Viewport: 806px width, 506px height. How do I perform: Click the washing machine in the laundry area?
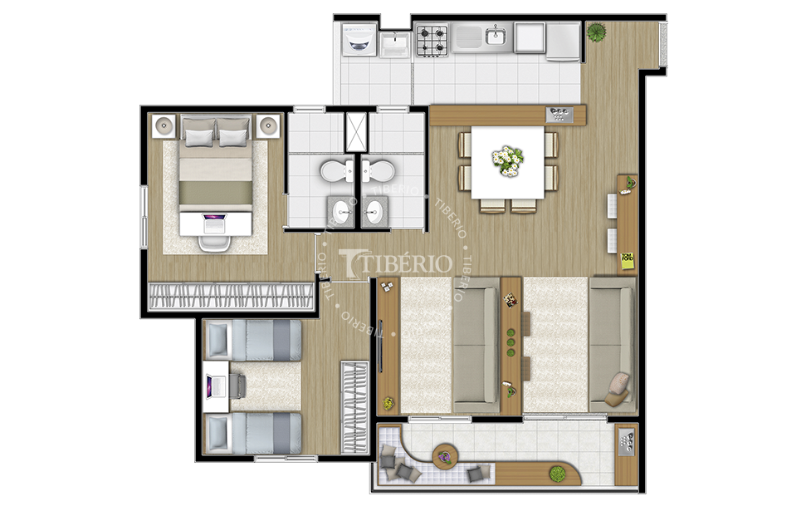358,40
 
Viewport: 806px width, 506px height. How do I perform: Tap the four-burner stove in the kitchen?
432,41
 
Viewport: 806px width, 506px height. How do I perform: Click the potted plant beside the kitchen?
596,32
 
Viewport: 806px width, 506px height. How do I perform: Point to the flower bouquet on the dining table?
507,160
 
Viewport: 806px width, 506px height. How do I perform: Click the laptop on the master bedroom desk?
215,224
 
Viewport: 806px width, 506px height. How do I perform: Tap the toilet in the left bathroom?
337,170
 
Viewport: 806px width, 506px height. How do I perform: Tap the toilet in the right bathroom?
378,170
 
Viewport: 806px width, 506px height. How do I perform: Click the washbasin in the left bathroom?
339,210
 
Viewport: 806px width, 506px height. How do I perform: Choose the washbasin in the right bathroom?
374,210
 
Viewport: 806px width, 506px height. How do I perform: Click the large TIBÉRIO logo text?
395,263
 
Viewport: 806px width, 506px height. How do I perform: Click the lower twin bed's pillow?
217,434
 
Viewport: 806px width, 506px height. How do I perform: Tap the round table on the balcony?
445,456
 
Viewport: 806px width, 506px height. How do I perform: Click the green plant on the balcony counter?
556,473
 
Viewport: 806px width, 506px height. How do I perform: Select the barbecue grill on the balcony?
627,442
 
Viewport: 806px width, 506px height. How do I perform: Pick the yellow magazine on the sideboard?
627,260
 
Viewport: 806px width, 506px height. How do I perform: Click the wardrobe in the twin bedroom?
354,408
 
